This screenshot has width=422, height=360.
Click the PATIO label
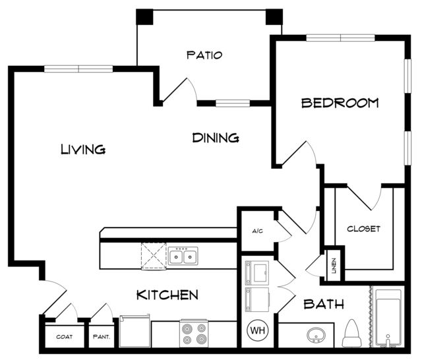pyautogui.click(x=204, y=55)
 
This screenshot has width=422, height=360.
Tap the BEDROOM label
pyautogui.click(x=340, y=103)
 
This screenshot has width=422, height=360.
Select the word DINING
pyautogui.click(x=216, y=138)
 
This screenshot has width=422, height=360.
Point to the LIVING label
pyautogui.click(x=83, y=149)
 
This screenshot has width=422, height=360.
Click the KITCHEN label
pyautogui.click(x=167, y=295)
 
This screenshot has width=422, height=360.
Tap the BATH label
pyautogui.click(x=324, y=305)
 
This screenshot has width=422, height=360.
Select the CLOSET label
pyautogui.click(x=363, y=229)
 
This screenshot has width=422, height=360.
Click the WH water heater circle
pyautogui.click(x=258, y=330)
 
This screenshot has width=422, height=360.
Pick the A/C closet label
pyautogui.click(x=257, y=231)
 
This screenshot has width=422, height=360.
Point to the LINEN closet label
pyautogui.click(x=334, y=266)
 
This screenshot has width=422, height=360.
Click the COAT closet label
pyautogui.click(x=65, y=336)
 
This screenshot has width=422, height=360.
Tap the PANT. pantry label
pyautogui.click(x=102, y=336)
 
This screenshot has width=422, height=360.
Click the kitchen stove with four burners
pyautogui.click(x=193, y=333)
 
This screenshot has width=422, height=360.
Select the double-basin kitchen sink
pyautogui.click(x=183, y=256)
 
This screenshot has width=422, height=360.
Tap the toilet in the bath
pyautogui.click(x=351, y=333)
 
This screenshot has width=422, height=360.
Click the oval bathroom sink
pyautogui.click(x=316, y=335)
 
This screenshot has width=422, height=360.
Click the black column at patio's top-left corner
pyautogui.click(x=144, y=17)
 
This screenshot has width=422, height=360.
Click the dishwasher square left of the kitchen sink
pyautogui.click(x=154, y=256)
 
